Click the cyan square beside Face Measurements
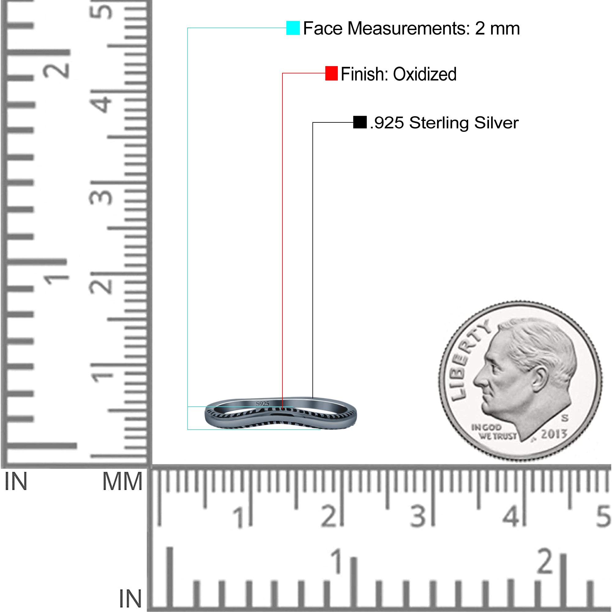tap(293, 28)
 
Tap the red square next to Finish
tap(331, 73)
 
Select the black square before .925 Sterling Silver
tap(360, 122)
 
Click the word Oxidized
tap(424, 74)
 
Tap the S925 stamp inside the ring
tap(262, 404)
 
